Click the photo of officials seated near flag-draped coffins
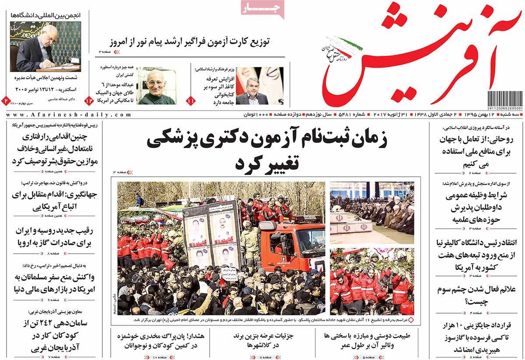372,213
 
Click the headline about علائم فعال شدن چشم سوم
476,295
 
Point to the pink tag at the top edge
262,8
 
